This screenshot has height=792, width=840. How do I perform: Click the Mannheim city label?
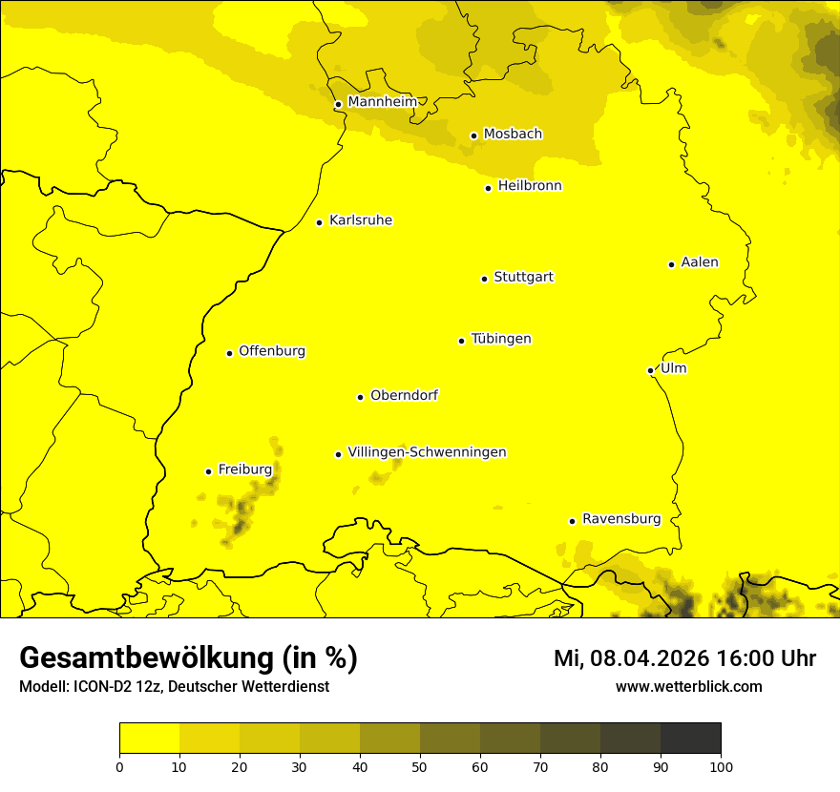[x=382, y=102]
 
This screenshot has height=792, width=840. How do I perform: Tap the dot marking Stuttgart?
[x=484, y=279]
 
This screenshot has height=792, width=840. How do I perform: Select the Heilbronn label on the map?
[x=530, y=186]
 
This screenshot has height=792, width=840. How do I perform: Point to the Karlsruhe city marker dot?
[x=319, y=222]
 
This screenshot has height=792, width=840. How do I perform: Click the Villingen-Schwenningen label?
[x=427, y=452]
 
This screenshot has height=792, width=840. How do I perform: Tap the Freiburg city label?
[x=244, y=469]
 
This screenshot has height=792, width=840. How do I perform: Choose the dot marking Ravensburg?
[x=572, y=521]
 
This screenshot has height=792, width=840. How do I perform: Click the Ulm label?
[x=673, y=368]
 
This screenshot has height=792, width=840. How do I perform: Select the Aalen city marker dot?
[x=671, y=264]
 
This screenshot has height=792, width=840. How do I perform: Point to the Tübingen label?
[x=501, y=339]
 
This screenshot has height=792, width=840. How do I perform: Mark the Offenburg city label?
[x=272, y=351]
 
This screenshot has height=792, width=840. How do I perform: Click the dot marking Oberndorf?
[x=360, y=397]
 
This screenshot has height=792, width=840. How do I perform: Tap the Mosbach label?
[x=513, y=135]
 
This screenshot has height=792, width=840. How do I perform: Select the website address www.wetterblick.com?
[x=688, y=686]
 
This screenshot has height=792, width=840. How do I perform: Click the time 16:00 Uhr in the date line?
[x=770, y=658]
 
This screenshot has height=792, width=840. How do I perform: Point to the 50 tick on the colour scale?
[x=420, y=766]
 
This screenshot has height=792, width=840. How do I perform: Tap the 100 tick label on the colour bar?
[x=721, y=766]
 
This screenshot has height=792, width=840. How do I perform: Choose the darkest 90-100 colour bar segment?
[x=690, y=738]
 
